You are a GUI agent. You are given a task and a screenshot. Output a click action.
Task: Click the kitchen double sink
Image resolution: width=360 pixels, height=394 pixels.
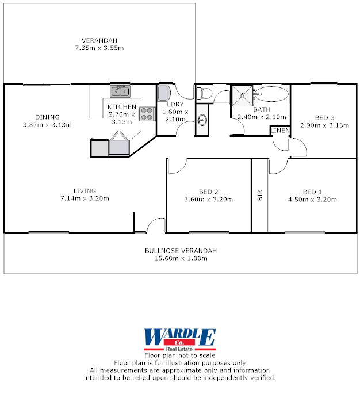click(120, 91)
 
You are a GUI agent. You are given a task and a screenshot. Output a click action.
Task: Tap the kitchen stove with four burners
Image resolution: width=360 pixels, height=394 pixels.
click(147, 113)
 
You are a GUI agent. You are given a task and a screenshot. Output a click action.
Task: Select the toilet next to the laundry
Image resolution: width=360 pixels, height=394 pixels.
click(205, 93)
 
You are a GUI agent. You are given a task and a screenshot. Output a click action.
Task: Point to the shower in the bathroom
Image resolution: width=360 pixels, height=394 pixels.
click(242, 95)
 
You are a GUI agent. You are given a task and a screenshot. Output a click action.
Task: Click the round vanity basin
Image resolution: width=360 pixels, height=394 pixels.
click(202, 120)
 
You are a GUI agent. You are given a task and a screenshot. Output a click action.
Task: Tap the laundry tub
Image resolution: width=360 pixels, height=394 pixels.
click(163, 92)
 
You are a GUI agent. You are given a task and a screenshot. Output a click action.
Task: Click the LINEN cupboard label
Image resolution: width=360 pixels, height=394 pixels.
click(280, 131)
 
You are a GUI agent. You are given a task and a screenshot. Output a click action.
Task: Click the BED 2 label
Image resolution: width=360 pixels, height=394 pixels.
click(208, 192)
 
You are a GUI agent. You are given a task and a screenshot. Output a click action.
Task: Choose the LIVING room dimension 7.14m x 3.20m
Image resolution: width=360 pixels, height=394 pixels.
click(85, 198)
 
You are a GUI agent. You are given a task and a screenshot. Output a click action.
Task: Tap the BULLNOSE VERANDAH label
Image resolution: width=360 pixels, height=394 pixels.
click(181, 251)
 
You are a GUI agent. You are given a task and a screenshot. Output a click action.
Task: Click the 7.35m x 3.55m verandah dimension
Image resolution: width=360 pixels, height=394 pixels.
click(99, 48)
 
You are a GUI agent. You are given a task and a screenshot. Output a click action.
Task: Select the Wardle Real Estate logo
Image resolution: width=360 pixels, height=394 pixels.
click(179, 339)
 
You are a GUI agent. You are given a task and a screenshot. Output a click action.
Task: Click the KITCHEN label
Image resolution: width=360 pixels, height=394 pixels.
click(122, 107)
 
